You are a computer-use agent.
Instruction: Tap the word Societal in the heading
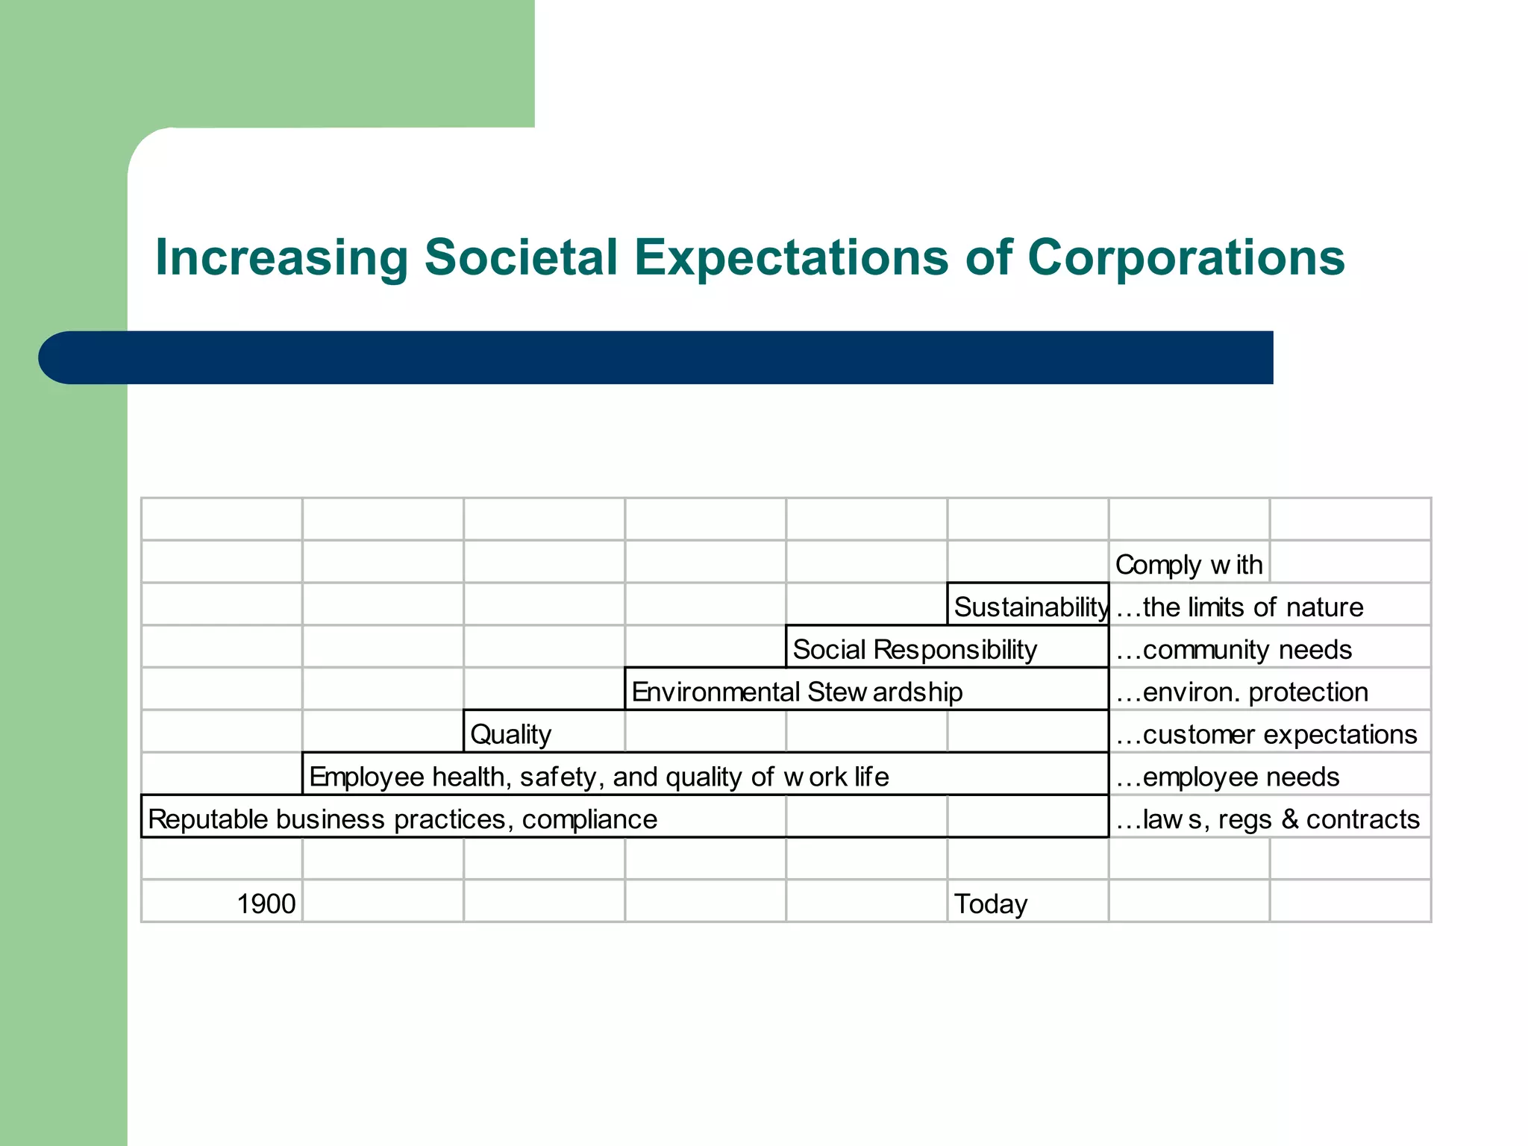[521, 258]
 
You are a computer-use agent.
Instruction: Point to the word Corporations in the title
[1186, 258]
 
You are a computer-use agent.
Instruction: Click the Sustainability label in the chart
[1030, 607]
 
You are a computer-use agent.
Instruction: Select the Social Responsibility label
[914, 650]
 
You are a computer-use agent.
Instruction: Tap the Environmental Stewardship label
[796, 692]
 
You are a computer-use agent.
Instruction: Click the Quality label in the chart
[510, 735]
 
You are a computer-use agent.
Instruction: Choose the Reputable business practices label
[402, 820]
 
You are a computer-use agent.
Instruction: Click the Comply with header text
[1189, 565]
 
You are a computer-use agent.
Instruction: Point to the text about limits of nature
[1239, 607]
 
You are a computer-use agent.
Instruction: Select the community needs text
[1233, 650]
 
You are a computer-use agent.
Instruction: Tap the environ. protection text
[1241, 692]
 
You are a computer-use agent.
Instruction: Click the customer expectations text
[1266, 735]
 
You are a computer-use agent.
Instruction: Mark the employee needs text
[1227, 777]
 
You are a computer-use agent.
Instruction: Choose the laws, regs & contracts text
[1267, 820]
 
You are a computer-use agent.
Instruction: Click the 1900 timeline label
[266, 904]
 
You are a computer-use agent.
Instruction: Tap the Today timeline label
[990, 904]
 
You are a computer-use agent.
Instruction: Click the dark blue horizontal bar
[657, 357]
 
